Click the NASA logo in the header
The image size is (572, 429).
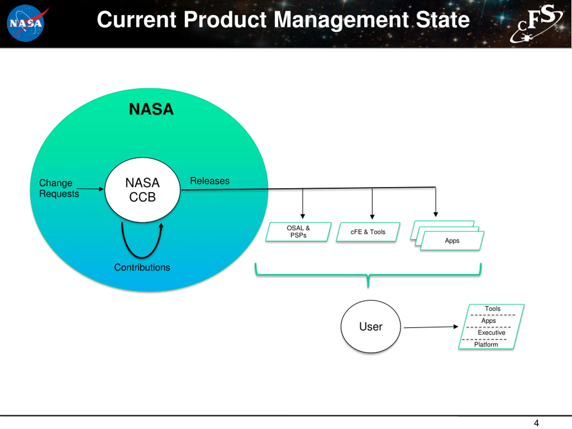pos(26,23)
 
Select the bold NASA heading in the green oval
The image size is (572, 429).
pos(151,109)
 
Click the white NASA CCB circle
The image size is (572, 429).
pos(143,190)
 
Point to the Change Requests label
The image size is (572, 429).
pos(59,188)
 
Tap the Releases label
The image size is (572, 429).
pos(210,181)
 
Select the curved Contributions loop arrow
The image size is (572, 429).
pos(142,257)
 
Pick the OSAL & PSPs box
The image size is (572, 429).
pos(299,232)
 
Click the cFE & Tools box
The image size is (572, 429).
pos(368,232)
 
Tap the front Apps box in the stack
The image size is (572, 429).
pos(452,241)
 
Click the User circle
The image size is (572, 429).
pos(371,327)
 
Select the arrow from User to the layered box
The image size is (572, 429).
pos(431,327)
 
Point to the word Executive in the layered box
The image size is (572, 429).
pos(491,332)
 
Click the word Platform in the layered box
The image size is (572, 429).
pos(486,345)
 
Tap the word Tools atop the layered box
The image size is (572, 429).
pos(493,309)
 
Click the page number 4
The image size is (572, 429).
pos(536,423)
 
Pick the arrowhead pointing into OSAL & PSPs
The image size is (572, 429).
pos(303,217)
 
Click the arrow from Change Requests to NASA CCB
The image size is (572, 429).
pos(90,189)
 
